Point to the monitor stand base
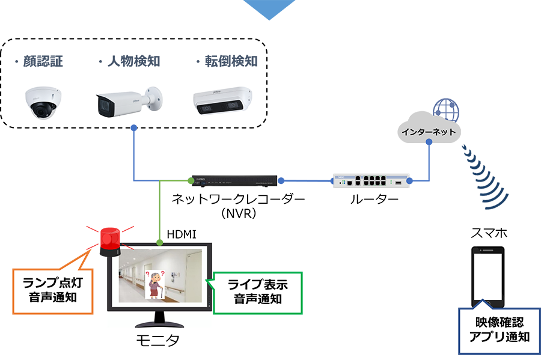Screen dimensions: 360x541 tap(160, 323)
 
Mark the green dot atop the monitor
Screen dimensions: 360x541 tap(160, 243)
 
